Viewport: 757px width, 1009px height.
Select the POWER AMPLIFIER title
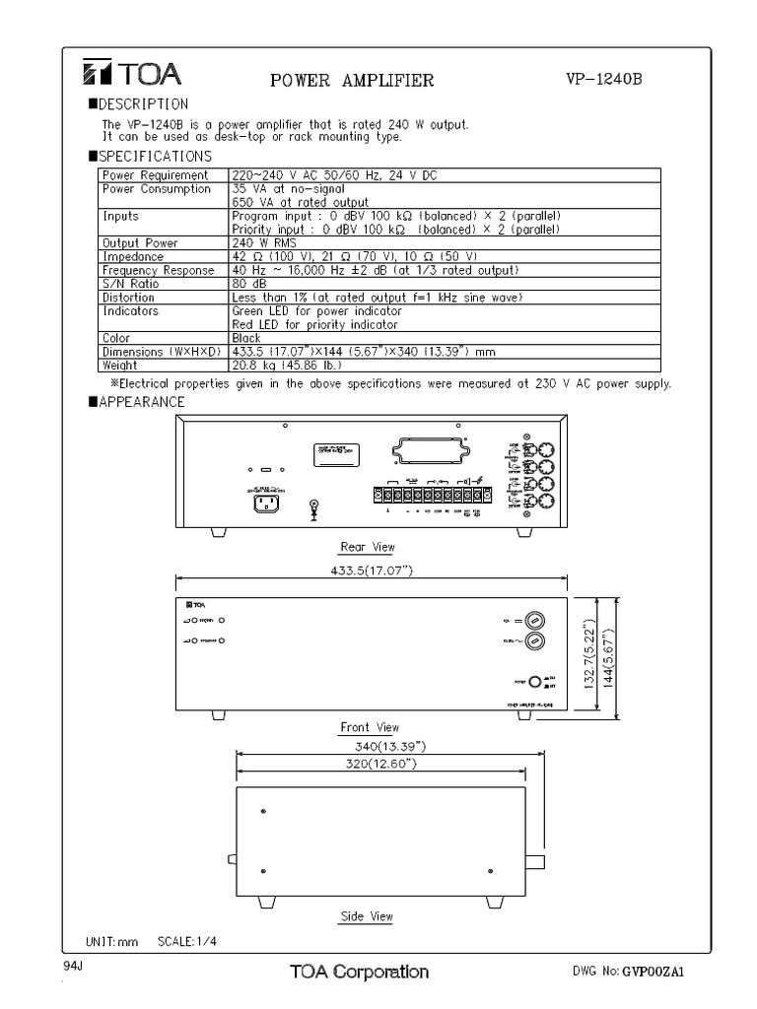tap(352, 81)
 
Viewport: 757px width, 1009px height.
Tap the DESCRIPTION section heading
tap(144, 103)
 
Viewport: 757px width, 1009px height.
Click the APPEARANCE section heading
tap(142, 402)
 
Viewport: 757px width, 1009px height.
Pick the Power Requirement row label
tap(156, 175)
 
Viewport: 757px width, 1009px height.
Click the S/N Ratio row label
tap(130, 284)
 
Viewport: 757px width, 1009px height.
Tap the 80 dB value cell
tap(245, 284)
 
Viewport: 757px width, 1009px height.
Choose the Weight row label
tap(122, 365)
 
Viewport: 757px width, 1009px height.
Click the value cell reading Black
tap(246, 338)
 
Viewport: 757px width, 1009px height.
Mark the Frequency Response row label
tap(158, 270)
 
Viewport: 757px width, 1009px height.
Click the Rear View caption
tap(367, 547)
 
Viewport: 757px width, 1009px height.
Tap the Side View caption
tap(366, 916)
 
